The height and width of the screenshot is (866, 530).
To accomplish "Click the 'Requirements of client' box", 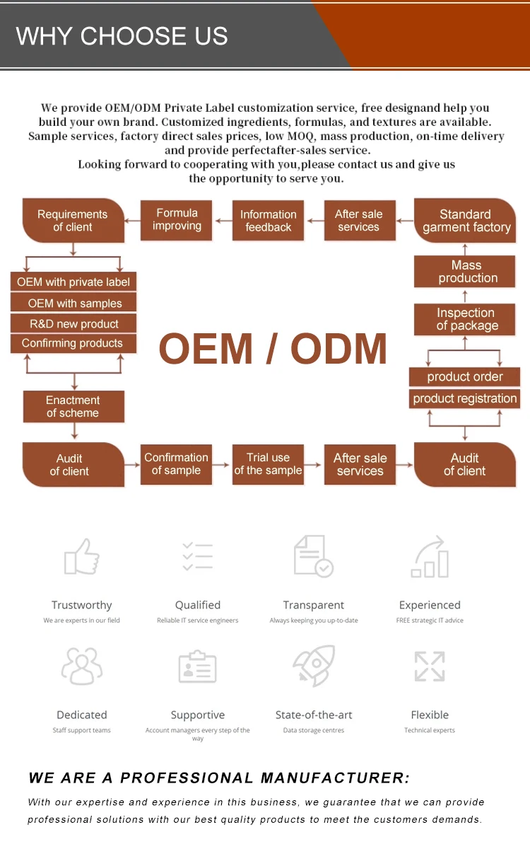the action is click(73, 220).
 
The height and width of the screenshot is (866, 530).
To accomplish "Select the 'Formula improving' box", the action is click(177, 220).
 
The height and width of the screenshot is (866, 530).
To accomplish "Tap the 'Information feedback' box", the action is click(268, 220).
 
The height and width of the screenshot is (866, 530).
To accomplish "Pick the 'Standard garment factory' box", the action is click(465, 220).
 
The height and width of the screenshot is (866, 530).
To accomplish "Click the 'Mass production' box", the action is click(465, 272).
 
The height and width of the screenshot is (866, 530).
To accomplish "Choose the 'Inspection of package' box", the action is click(465, 319).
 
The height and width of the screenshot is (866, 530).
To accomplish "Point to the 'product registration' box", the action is click(465, 398).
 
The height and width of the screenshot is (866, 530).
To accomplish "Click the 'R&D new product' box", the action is click(73, 323).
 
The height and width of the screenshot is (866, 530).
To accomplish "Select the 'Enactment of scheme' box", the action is click(73, 406).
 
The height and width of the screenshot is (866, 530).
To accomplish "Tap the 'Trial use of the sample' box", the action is click(268, 464).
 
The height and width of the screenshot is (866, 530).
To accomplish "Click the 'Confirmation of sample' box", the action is click(177, 464).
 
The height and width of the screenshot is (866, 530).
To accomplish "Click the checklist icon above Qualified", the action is click(198, 557).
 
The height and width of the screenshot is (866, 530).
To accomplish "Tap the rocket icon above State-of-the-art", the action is click(314, 666).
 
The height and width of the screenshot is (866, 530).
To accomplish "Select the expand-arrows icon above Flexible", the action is click(430, 666).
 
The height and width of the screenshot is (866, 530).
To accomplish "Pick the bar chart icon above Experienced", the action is click(430, 556).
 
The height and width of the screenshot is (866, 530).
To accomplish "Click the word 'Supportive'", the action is click(198, 715).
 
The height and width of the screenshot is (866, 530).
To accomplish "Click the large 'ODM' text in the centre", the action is click(338, 349).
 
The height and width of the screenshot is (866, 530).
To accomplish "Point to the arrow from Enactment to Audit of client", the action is click(74, 431).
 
